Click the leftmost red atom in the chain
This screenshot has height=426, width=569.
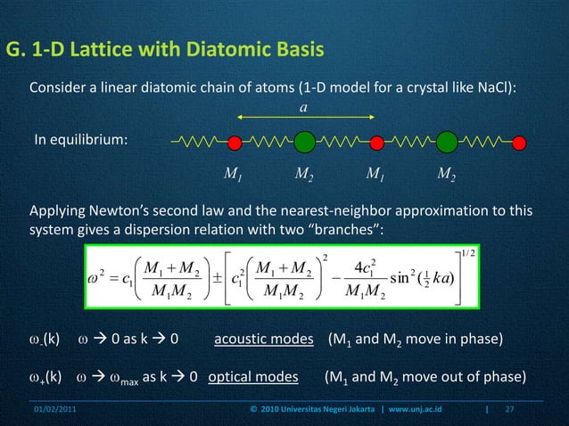pyautogui.click(x=235, y=142)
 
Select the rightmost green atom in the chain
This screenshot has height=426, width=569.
pyautogui.click(x=447, y=142)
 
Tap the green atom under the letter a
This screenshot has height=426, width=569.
pyautogui.click(x=304, y=142)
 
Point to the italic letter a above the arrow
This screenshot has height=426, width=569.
pyautogui.click(x=303, y=107)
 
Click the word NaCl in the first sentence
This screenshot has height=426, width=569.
pyautogui.click(x=500, y=88)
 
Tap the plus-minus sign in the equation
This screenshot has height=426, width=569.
pyautogui.click(x=213, y=274)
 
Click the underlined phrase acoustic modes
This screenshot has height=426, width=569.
pyautogui.click(x=264, y=340)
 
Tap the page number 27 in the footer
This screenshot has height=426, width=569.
pyautogui.click(x=510, y=411)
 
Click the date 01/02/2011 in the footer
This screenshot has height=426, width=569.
pyautogui.click(x=56, y=411)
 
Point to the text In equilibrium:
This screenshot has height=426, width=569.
pyautogui.click(x=80, y=143)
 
